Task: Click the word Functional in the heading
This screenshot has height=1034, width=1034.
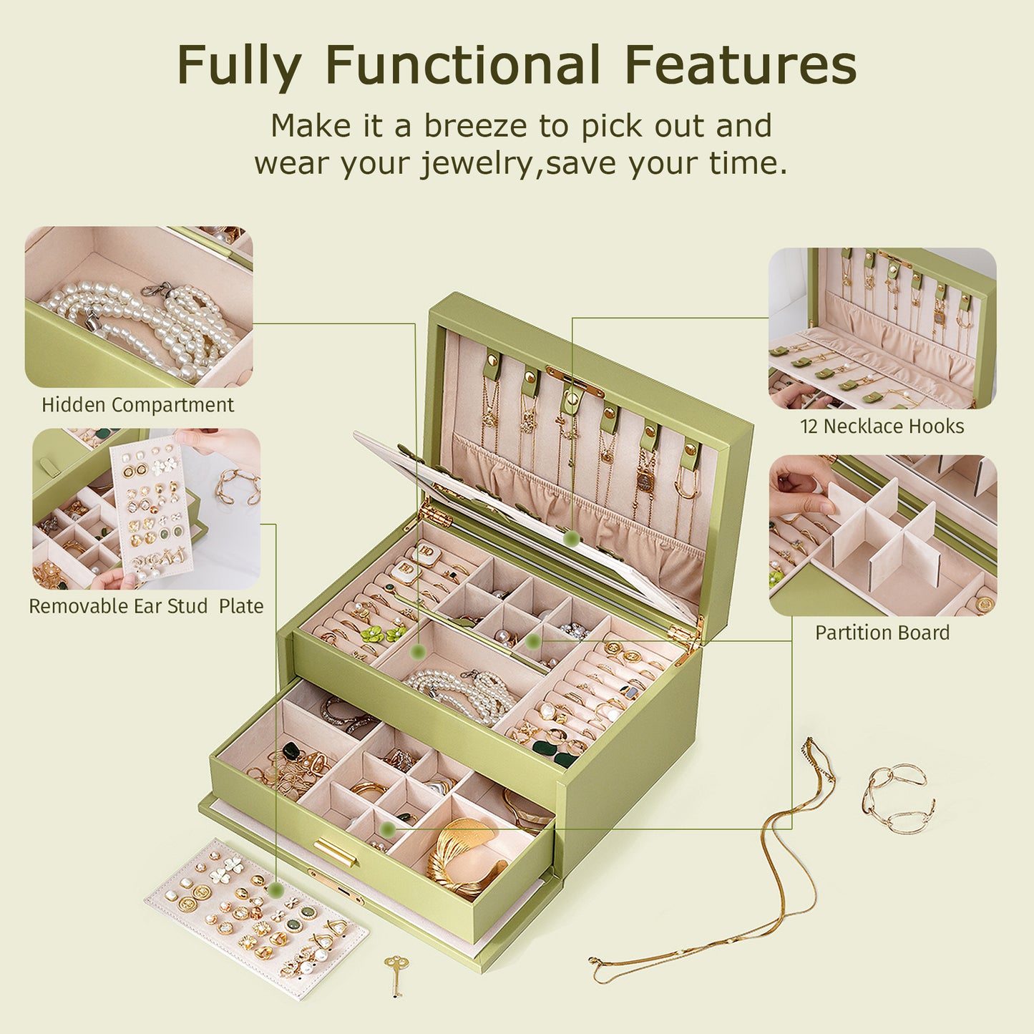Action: click(x=462, y=65)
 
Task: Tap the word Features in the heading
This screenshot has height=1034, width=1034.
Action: click(x=740, y=65)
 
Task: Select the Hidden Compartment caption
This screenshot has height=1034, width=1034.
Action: click(x=137, y=405)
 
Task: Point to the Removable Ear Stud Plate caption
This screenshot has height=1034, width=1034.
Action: click(x=146, y=606)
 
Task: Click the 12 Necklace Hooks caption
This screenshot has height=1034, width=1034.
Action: click(x=882, y=426)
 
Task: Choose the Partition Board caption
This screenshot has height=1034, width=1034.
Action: click(x=882, y=633)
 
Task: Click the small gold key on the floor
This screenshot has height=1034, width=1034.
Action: click(x=394, y=973)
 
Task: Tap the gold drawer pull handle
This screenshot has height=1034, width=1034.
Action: click(x=336, y=852)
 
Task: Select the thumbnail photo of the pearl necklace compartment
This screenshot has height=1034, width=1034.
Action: click(x=139, y=308)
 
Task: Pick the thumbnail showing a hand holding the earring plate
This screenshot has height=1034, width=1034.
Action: click(x=146, y=509)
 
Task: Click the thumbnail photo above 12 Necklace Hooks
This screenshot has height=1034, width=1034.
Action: click(x=882, y=328)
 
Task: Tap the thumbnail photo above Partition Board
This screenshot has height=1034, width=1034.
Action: click(x=882, y=535)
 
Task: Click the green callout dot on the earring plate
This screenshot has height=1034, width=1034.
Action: click(x=275, y=889)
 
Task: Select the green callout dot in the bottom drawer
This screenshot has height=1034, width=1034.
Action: click(x=388, y=829)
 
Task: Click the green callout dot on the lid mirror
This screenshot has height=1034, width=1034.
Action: click(x=571, y=538)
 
